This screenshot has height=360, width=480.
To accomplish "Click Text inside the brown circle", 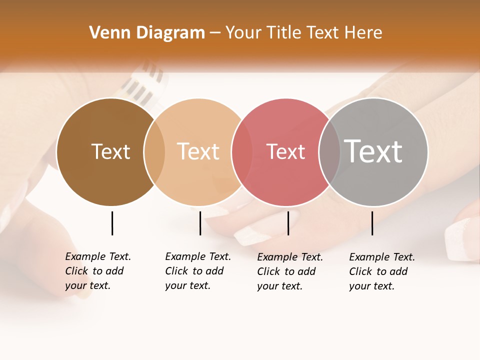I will tap(110, 151).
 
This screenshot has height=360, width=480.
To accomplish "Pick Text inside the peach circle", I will tap(198, 151).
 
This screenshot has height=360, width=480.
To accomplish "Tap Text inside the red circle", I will tap(285, 151).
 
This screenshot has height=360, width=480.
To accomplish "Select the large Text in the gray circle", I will tap(373, 151).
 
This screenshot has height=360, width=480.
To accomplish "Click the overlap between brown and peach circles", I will tap(154, 151).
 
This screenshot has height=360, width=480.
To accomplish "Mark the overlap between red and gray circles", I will tap(329, 151).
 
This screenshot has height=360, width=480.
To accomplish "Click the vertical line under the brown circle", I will tap(112, 223).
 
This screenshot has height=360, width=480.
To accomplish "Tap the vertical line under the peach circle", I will tap(200, 223).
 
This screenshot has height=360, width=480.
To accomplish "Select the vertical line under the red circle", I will tap(288, 223).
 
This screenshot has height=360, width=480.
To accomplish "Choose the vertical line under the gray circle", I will tap(372, 223).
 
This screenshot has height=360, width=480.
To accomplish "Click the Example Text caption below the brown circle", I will tap(97, 271).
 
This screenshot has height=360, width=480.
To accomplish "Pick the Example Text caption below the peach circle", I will tap(197, 271).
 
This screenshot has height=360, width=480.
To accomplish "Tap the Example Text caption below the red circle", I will tap(289, 271).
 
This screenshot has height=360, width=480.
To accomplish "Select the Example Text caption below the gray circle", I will tap(381, 271).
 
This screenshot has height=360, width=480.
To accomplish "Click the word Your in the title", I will tap(243, 33).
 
